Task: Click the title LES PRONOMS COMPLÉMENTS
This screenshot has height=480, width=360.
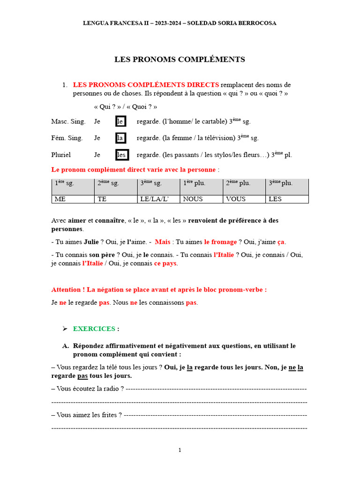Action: [180, 60]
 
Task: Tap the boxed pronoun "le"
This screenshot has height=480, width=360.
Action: [120, 121]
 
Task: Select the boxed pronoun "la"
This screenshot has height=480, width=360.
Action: [121, 138]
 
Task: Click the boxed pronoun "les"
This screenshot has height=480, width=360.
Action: [121, 155]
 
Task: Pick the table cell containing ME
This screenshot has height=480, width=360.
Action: [73, 199]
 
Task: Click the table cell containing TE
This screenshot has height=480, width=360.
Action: [116, 199]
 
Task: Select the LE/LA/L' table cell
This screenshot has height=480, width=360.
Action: [158, 199]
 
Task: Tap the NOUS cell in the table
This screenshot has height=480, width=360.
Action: [202, 199]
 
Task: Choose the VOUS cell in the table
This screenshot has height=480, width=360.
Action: [244, 199]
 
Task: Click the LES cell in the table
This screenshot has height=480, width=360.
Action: [287, 199]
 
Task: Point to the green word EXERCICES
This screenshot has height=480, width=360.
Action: [94, 329]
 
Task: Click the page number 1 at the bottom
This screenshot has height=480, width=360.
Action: [180, 450]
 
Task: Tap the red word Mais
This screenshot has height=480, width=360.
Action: [163, 242]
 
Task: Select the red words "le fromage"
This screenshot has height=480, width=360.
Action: [220, 242]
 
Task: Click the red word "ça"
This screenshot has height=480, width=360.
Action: [281, 242]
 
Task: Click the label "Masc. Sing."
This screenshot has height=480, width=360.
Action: [68, 121]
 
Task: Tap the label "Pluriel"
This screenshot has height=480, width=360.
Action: [62, 155]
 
